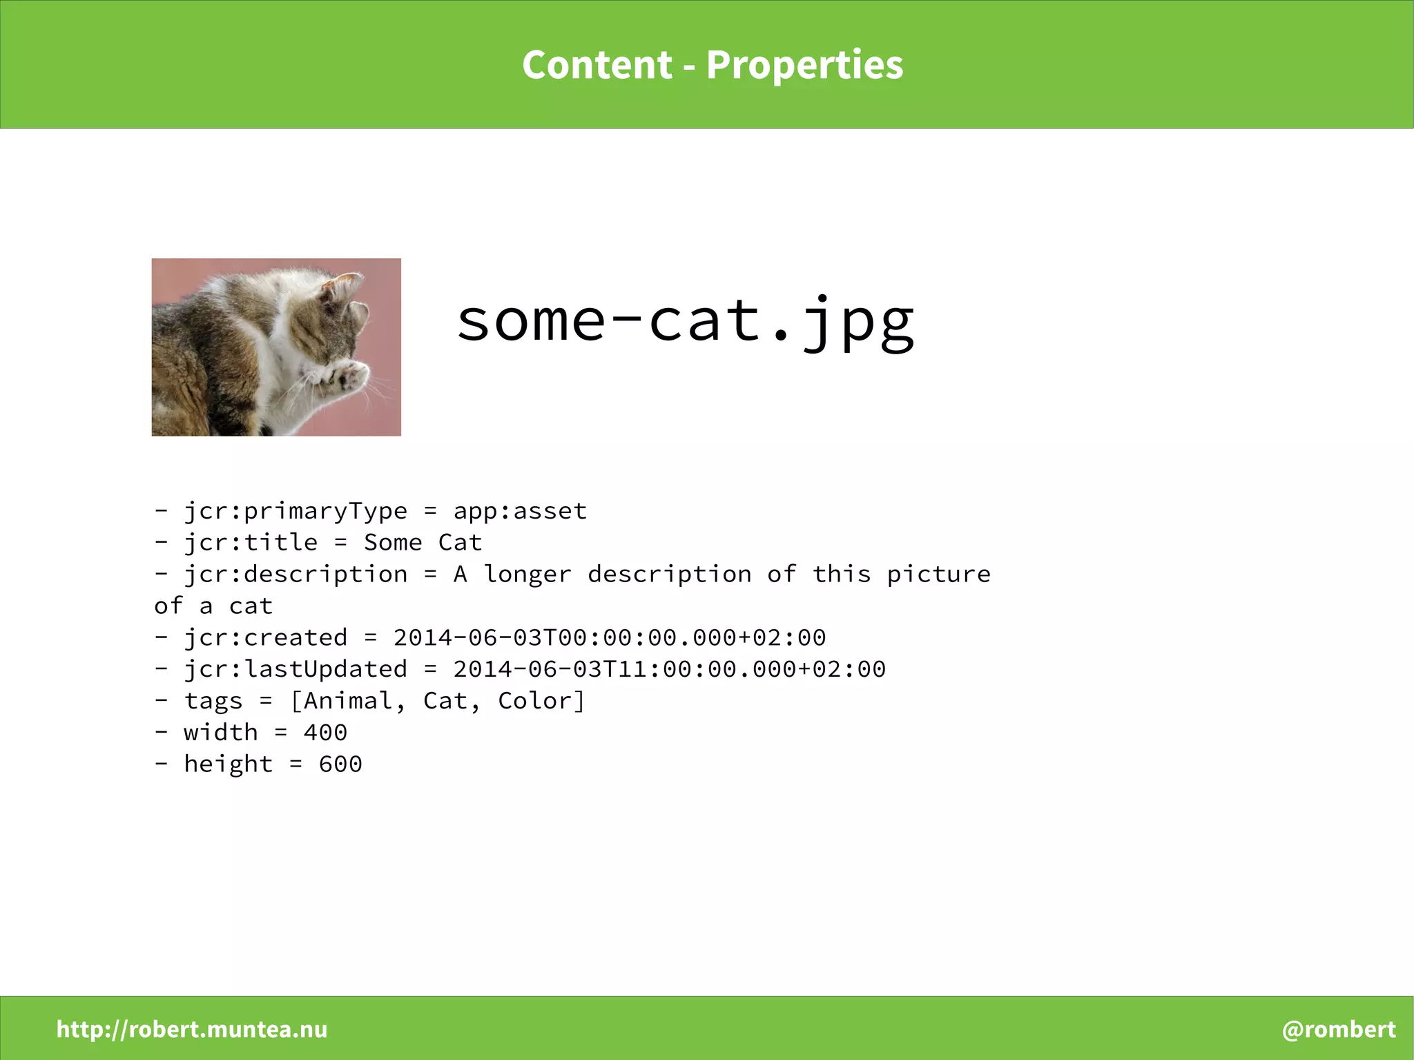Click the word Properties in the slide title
pyautogui.click(x=804, y=65)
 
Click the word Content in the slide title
pyautogui.click(x=597, y=65)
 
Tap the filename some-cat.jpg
pyautogui.click(x=685, y=320)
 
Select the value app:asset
pyautogui.click(x=520, y=511)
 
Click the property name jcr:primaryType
pyautogui.click(x=296, y=511)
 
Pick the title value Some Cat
pyautogui.click(x=423, y=543)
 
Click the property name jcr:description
pyautogui.click(x=296, y=575)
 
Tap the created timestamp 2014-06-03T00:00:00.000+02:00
pyautogui.click(x=609, y=637)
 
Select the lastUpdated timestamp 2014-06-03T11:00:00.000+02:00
pyautogui.click(x=669, y=669)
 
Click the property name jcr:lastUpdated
pyautogui.click(x=296, y=669)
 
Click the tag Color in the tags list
pyautogui.click(x=534, y=701)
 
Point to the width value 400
pyautogui.click(x=325, y=732)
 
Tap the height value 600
pyautogui.click(x=340, y=764)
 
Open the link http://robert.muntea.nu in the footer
pyautogui.click(x=192, y=1029)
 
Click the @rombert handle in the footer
pyautogui.click(x=1338, y=1029)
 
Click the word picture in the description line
pyautogui.click(x=938, y=575)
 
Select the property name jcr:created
pyautogui.click(x=266, y=637)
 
